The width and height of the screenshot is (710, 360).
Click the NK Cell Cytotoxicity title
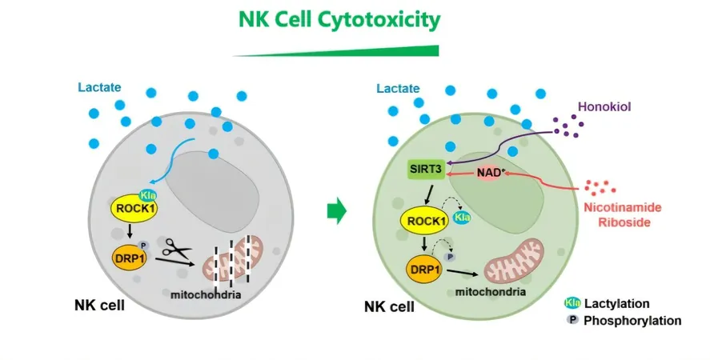pyautogui.click(x=339, y=20)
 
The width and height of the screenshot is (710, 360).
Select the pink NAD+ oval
pyautogui.click(x=488, y=173)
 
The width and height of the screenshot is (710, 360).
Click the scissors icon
pyautogui.click(x=176, y=249)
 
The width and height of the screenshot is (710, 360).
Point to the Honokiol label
pyautogui.click(x=604, y=107)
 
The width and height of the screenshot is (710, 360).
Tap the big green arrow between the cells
pyautogui.click(x=337, y=211)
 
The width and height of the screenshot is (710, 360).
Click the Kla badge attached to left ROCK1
pyautogui.click(x=147, y=196)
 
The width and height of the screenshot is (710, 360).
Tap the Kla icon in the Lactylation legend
pyautogui.click(x=572, y=303)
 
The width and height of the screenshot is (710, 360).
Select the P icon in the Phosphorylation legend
pyautogui.click(x=573, y=320)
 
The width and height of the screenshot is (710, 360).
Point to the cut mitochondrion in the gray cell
pyautogui.click(x=233, y=260)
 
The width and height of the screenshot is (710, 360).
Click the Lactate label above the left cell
pyautogui.click(x=99, y=87)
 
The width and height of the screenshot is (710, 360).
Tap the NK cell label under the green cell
pyautogui.click(x=389, y=307)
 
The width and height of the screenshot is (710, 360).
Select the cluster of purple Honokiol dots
pyautogui.click(x=569, y=126)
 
